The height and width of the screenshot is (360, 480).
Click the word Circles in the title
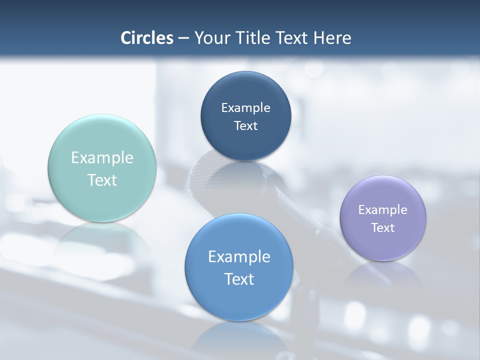tap(147, 38)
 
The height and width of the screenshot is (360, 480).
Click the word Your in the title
tap(210, 38)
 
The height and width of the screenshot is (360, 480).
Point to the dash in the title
tap(183, 38)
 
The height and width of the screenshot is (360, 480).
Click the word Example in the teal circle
tap(102, 158)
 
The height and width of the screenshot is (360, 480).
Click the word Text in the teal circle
tap(102, 180)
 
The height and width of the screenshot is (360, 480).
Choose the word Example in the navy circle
tap(245, 107)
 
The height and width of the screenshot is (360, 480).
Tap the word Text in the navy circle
tap(245, 125)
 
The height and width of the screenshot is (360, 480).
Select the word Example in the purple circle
tap(383, 209)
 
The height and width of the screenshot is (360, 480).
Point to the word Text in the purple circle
tap(383, 227)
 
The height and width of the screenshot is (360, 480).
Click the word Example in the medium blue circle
tap(239, 256)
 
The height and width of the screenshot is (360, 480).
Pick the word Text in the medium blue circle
tap(239, 279)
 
